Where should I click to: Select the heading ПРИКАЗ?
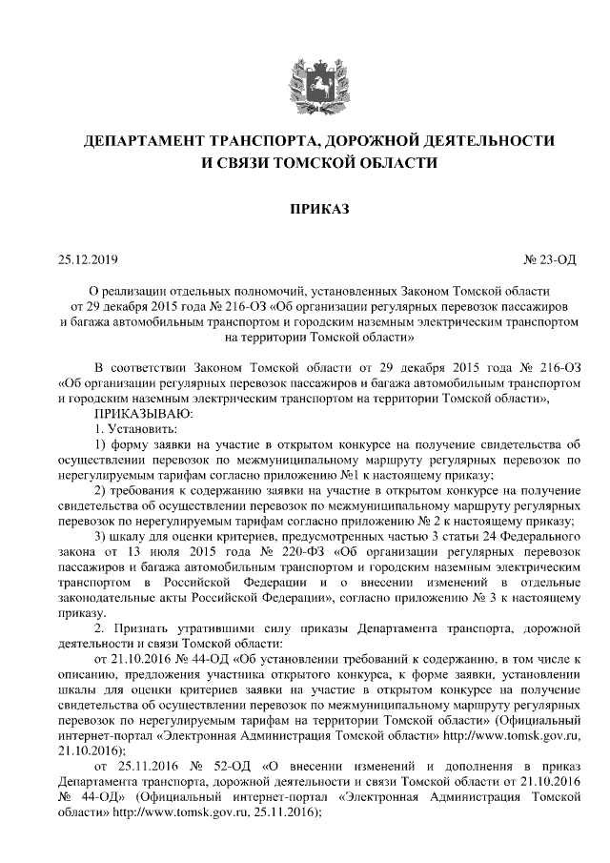point(305,209)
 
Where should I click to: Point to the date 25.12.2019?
point(87,258)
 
